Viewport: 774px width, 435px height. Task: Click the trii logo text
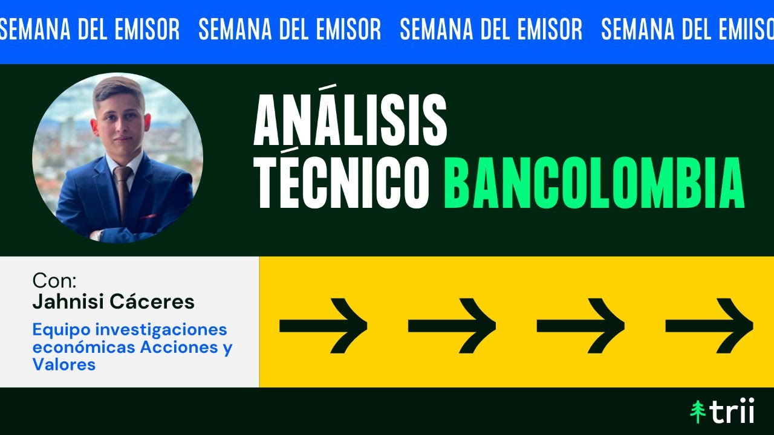pos(732,412)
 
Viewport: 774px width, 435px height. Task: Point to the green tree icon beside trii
pos(698,412)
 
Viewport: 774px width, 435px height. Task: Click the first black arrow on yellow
pos(324,326)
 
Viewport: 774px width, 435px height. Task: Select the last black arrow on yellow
pos(709,326)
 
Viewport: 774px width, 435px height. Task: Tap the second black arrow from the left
pos(452,326)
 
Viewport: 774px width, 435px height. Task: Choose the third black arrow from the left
pos(580,326)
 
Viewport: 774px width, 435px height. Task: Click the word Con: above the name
pos(54,281)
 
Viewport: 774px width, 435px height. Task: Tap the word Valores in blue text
pos(63,365)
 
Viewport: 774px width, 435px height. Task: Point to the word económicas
pos(84,347)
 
